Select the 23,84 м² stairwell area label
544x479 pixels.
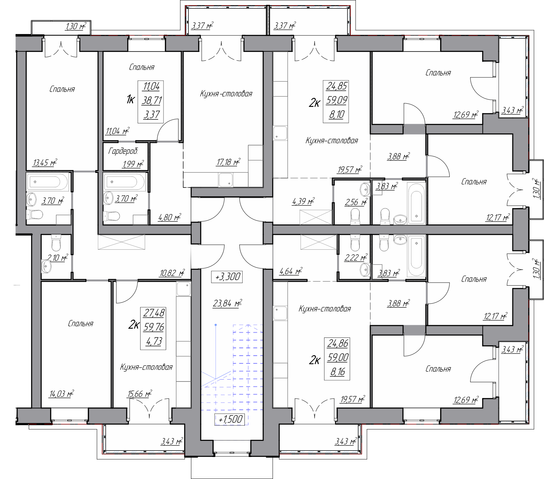tap(227, 303)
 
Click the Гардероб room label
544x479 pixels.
tap(123, 151)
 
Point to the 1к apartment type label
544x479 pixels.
tap(130, 100)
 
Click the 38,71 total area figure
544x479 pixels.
tap(152, 100)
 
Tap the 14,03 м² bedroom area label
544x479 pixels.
tap(61, 394)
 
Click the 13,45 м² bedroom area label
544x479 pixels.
tap(45, 162)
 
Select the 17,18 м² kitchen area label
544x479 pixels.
tap(228, 162)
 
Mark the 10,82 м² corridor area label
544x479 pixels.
tap(172, 273)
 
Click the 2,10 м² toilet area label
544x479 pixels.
tap(57, 258)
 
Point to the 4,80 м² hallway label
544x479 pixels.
tap(169, 217)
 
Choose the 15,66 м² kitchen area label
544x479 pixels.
tap(140, 394)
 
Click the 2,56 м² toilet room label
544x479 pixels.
tap(356, 202)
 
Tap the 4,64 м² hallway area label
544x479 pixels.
tap(291, 271)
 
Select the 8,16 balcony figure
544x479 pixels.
tap(337, 372)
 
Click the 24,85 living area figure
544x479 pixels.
tap(336, 86)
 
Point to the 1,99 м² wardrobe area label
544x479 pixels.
tap(133, 164)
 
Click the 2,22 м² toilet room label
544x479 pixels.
tap(356, 258)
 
